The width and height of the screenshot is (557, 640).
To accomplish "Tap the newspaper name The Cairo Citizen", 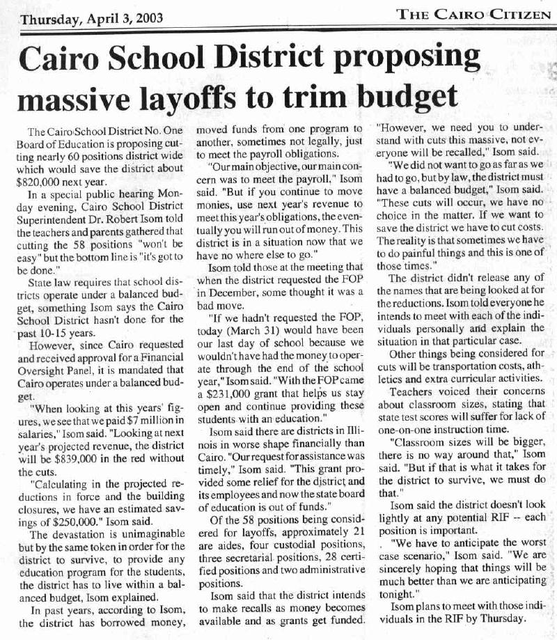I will tap(473, 14).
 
